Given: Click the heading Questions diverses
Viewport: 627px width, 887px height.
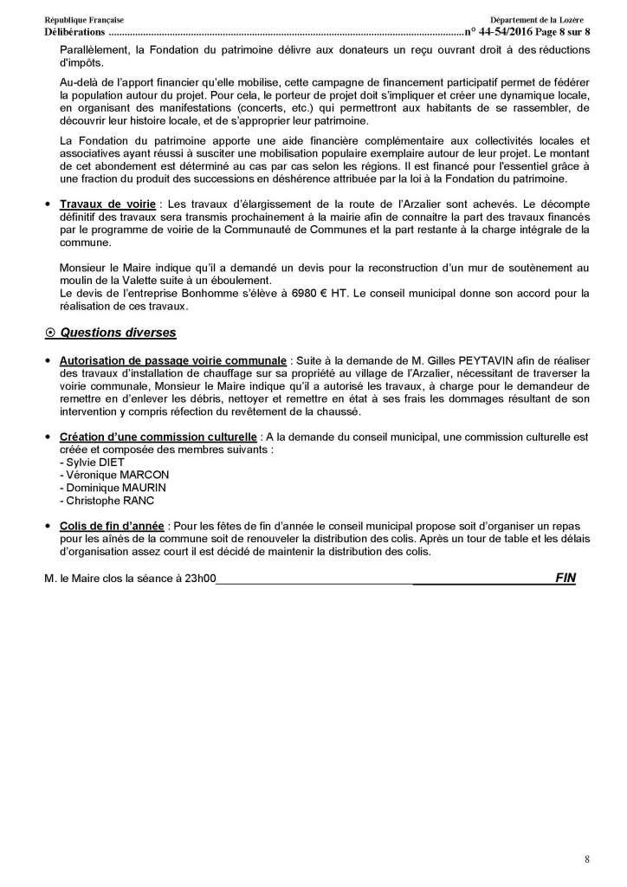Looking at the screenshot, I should click(x=118, y=333).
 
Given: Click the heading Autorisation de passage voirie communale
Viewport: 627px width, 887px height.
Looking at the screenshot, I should click(x=172, y=359).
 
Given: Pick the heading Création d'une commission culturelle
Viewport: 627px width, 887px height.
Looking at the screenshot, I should click(x=158, y=437).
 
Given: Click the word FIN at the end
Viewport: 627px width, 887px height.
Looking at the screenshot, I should click(x=566, y=576).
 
